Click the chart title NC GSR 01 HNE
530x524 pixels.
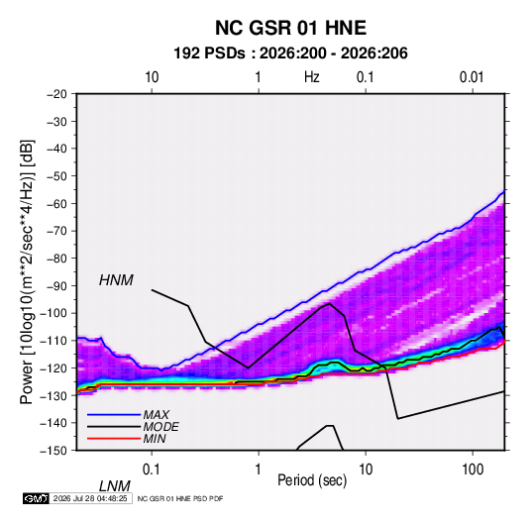pyautogui.click(x=290, y=28)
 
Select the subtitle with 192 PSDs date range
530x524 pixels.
pyautogui.click(x=290, y=53)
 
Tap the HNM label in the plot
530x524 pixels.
pyautogui.click(x=116, y=280)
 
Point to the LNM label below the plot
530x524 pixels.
pyautogui.click(x=115, y=486)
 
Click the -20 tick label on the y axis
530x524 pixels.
pyautogui.click(x=57, y=94)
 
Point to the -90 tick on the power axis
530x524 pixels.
pyautogui.click(x=57, y=286)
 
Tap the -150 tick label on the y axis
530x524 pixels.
pyautogui.click(x=53, y=451)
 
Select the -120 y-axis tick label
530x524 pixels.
pyautogui.click(x=53, y=368)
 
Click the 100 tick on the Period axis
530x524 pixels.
pyautogui.click(x=473, y=470)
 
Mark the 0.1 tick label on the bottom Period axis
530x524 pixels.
pyautogui.click(x=152, y=470)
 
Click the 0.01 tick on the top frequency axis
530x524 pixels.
pyautogui.click(x=472, y=77)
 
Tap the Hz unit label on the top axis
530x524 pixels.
pyautogui.click(x=312, y=77)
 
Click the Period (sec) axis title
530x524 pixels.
pyautogui.click(x=312, y=480)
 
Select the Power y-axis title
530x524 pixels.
pyautogui.click(x=27, y=272)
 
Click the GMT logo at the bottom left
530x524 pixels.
pyautogui.click(x=37, y=498)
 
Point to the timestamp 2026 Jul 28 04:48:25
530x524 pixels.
pyautogui.click(x=90, y=498)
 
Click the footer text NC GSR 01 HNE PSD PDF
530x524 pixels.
pyautogui.click(x=180, y=498)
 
